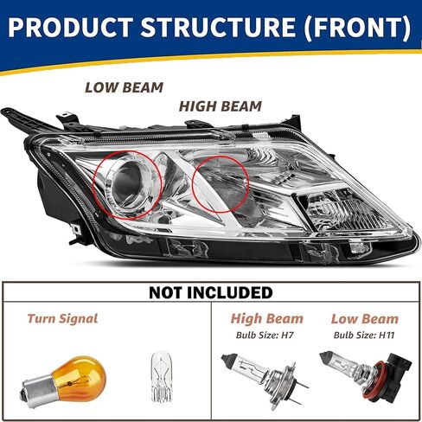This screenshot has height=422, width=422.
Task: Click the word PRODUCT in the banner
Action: click(x=71, y=27)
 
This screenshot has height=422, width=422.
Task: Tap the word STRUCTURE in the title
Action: click(x=218, y=27)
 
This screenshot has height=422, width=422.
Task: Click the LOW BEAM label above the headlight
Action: click(x=125, y=87)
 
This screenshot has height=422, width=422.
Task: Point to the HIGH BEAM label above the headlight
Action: click(x=221, y=106)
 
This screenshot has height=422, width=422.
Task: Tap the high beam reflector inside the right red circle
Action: click(x=221, y=184)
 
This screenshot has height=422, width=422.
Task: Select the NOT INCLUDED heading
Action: click(x=211, y=292)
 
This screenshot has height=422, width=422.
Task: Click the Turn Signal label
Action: click(x=62, y=318)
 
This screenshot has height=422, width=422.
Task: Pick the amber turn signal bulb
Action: click(x=64, y=380)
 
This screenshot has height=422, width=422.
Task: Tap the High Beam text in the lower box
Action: click(x=267, y=319)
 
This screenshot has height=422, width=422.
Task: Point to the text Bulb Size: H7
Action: click(x=265, y=336)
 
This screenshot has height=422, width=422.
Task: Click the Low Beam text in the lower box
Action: click(x=365, y=319)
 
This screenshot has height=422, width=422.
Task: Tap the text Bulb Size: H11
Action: click(x=364, y=336)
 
